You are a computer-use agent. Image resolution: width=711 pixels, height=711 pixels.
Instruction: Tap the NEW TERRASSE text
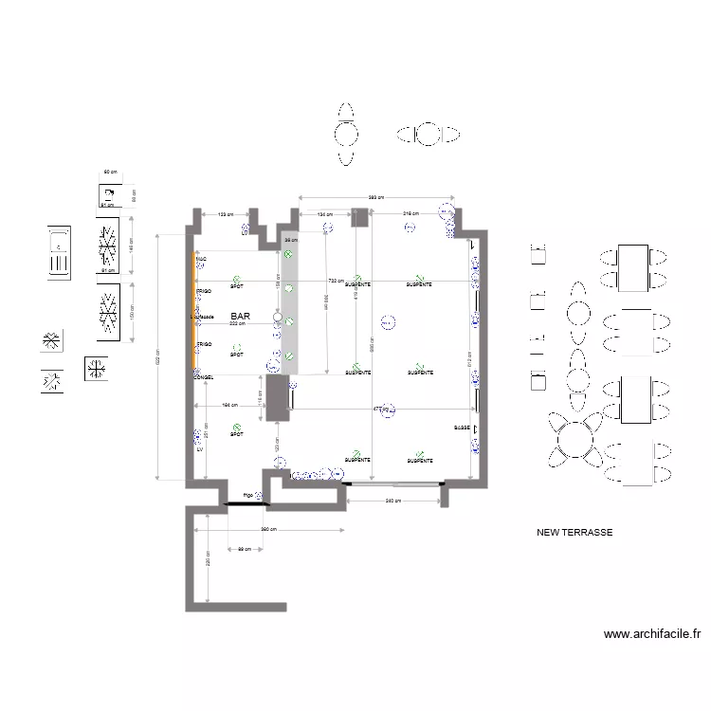point(574,533)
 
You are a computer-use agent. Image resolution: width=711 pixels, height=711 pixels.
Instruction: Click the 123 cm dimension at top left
point(225,215)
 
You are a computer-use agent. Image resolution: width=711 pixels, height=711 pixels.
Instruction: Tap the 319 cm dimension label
point(410,214)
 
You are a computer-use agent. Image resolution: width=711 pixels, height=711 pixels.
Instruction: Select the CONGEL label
point(204,377)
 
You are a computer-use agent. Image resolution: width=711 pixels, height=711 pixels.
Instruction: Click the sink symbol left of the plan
point(60,251)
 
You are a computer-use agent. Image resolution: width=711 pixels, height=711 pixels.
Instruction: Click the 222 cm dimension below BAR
point(237,323)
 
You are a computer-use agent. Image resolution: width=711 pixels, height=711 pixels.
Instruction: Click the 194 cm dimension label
point(228,405)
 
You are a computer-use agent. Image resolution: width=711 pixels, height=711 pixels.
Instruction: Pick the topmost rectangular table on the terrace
point(633,267)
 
